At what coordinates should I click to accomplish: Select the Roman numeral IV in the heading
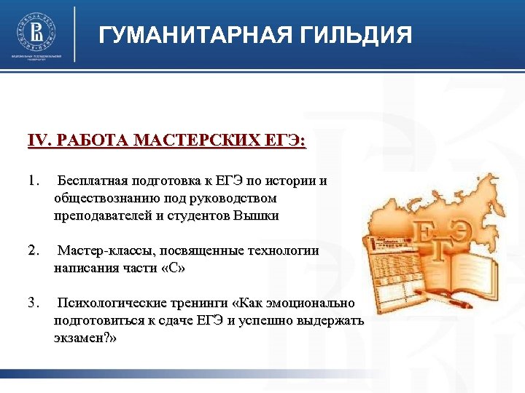click(x=36, y=141)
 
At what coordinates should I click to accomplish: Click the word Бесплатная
click(x=93, y=181)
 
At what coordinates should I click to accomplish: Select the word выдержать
click(x=332, y=321)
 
